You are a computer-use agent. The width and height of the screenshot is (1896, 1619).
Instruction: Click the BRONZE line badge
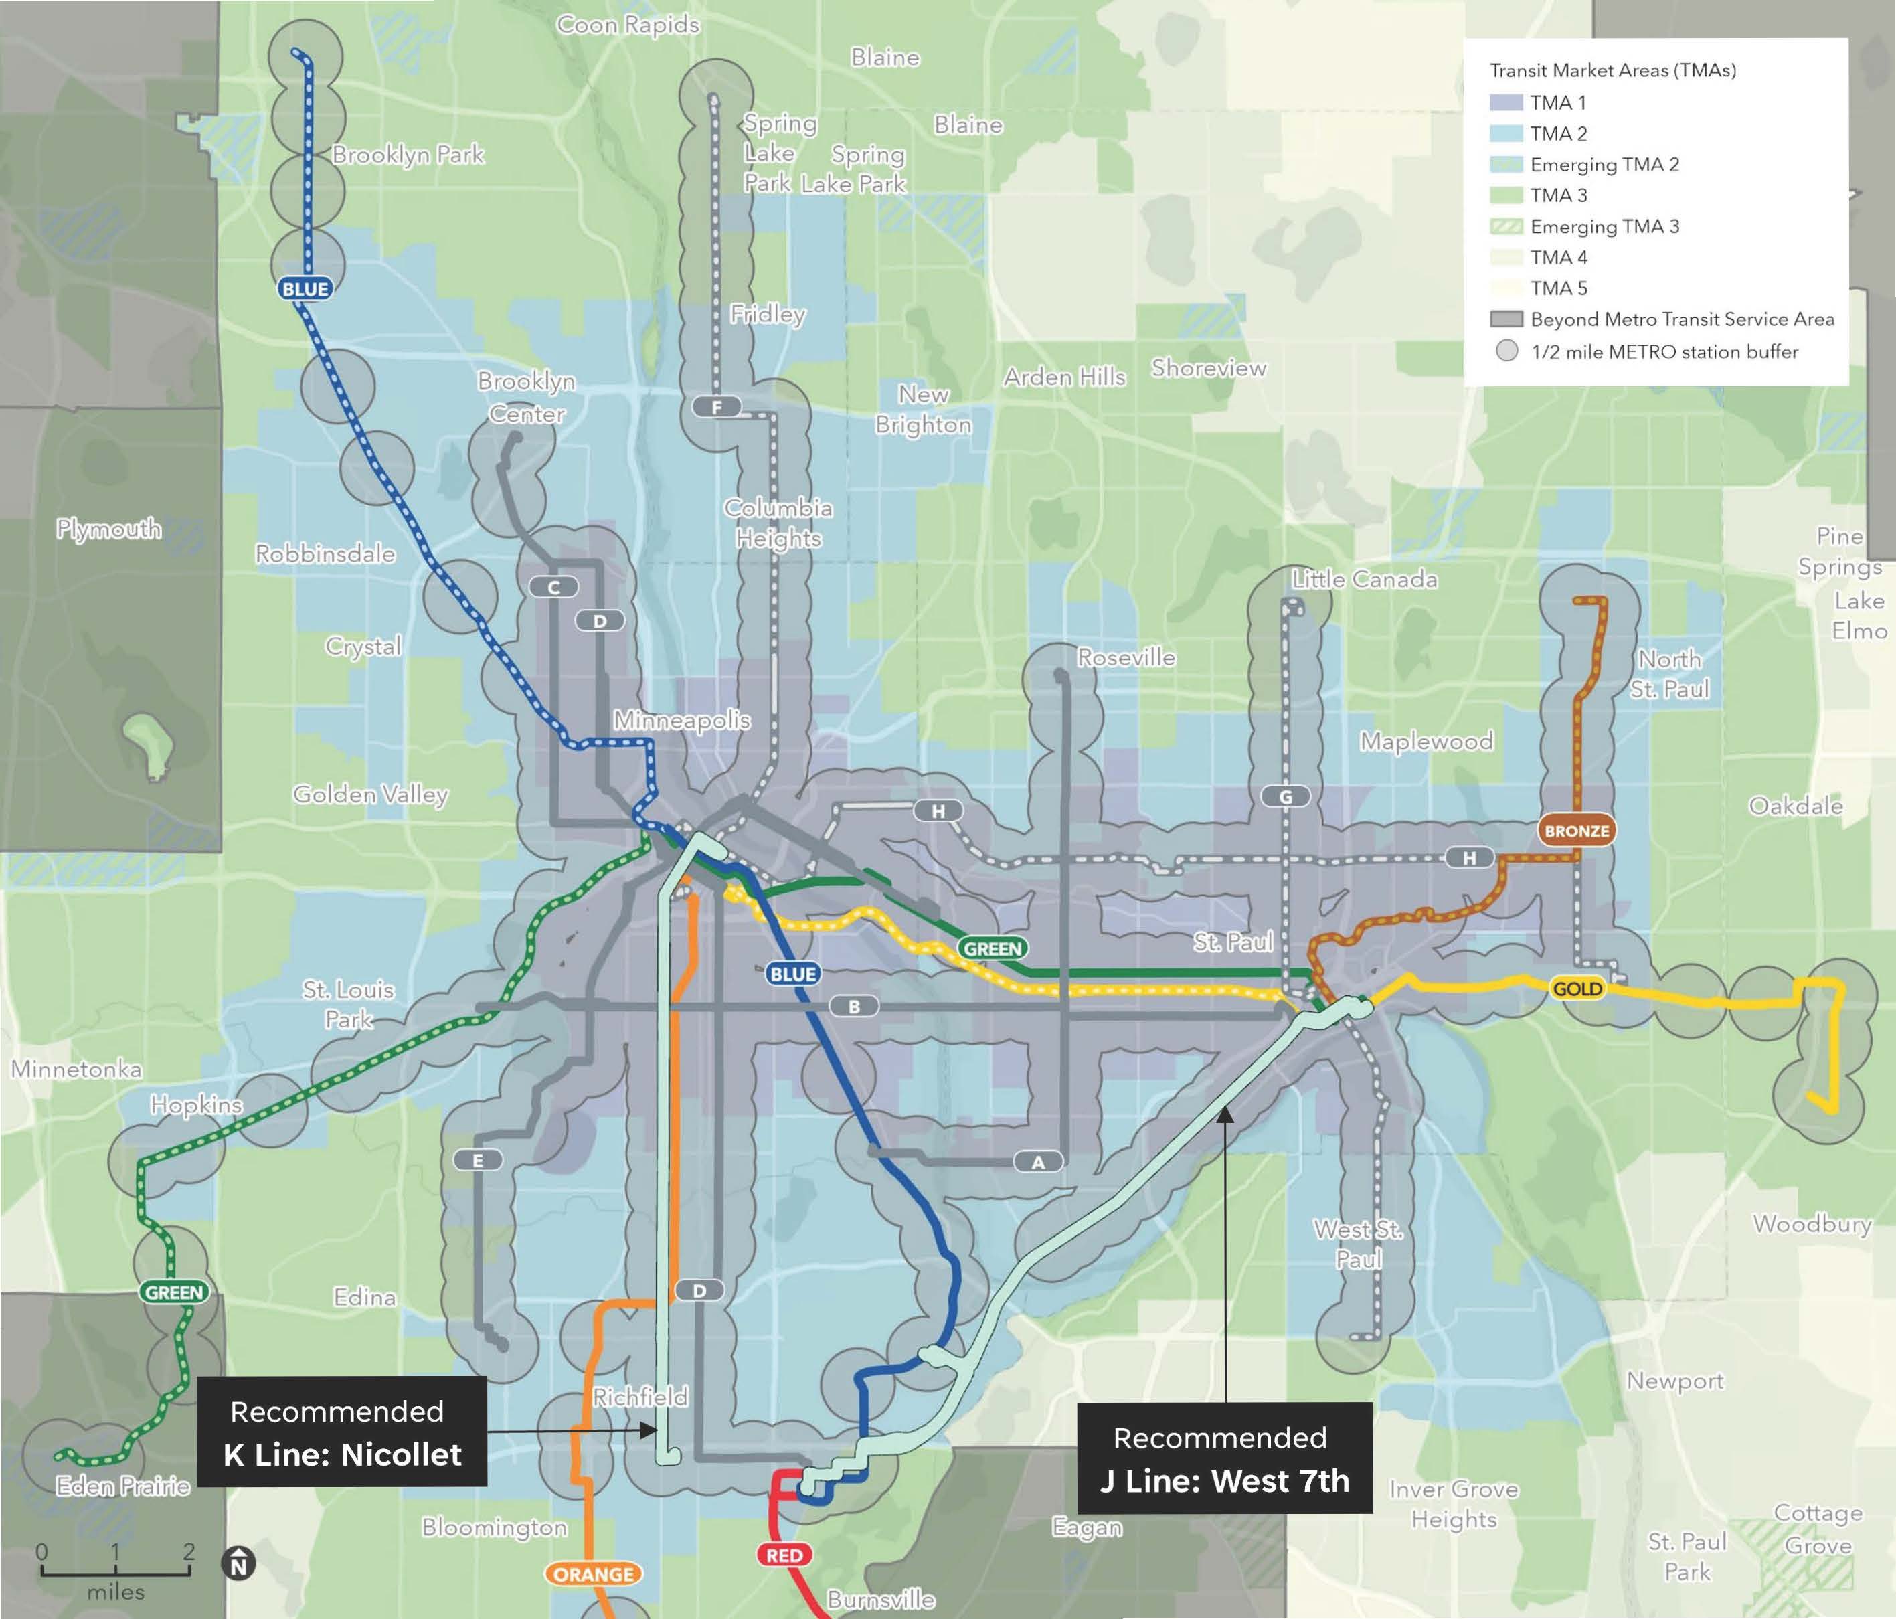(1575, 831)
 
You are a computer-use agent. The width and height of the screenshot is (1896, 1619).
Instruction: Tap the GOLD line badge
(1577, 989)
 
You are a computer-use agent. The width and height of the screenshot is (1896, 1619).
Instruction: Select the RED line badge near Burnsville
(784, 1555)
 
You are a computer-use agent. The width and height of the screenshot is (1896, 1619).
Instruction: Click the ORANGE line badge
(593, 1574)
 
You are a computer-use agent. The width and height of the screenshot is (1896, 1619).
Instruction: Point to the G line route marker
(1285, 797)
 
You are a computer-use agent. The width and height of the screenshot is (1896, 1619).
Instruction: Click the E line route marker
(478, 1161)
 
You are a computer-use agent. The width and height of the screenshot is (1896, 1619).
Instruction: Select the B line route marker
(854, 1007)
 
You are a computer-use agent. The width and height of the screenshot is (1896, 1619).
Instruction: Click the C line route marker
(553, 588)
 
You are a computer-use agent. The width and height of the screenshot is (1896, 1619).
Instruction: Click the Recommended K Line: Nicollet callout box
(342, 1432)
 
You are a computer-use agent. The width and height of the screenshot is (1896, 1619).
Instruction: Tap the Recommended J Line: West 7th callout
(1224, 1458)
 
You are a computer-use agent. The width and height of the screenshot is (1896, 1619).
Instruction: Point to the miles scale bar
(115, 1572)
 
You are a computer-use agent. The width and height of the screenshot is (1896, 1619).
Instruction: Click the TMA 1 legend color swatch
(1506, 102)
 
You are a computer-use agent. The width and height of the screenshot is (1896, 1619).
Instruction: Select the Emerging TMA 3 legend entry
(1604, 226)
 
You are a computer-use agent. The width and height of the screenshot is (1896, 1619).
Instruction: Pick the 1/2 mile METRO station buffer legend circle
(1506, 351)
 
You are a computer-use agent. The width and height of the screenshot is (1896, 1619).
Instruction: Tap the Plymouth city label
(109, 529)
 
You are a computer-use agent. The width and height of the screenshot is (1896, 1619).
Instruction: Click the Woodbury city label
(1811, 1223)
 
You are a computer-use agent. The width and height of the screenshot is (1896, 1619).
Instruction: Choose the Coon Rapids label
(628, 25)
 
